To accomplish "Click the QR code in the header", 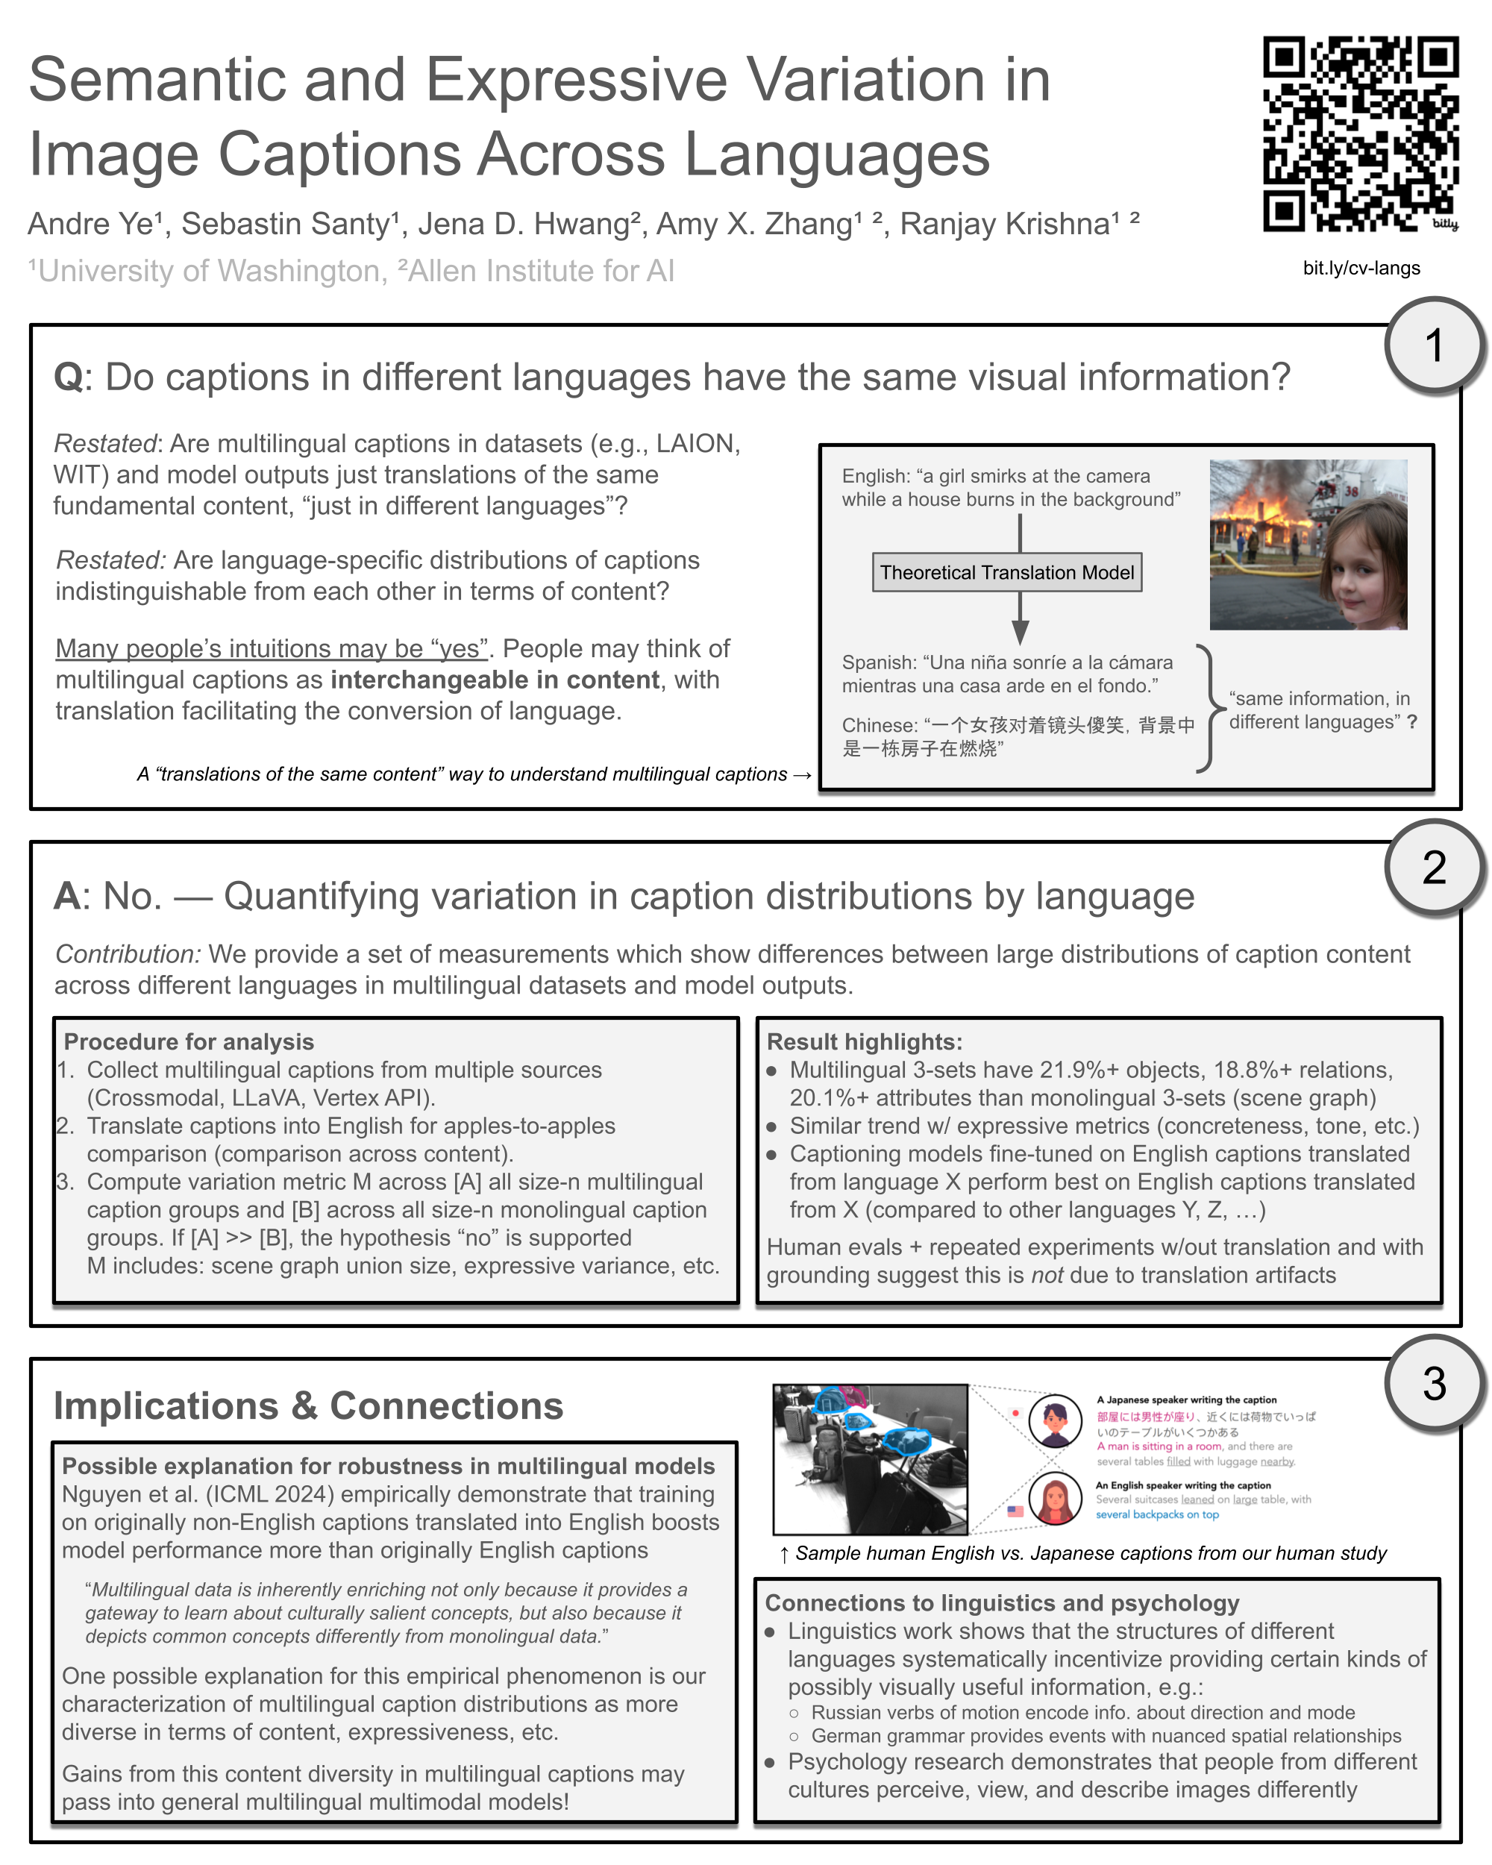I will tap(1360, 134).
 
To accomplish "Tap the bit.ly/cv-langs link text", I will tap(1361, 268).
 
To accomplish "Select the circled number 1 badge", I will tap(1433, 346).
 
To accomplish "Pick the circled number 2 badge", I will tap(1433, 868).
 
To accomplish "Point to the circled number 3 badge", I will tap(1433, 1384).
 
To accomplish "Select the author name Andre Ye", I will tap(90, 224).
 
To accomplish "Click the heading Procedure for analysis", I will tap(189, 1041).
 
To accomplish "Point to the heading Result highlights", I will tap(864, 1041).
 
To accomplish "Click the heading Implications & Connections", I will tap(308, 1406).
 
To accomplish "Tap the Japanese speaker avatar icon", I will tap(1054, 1420).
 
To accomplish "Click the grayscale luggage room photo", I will tap(869, 1459).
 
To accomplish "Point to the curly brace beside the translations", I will tap(1209, 708).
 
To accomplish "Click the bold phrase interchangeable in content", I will tap(494, 680).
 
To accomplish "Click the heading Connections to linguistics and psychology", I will tap(1002, 1603).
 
